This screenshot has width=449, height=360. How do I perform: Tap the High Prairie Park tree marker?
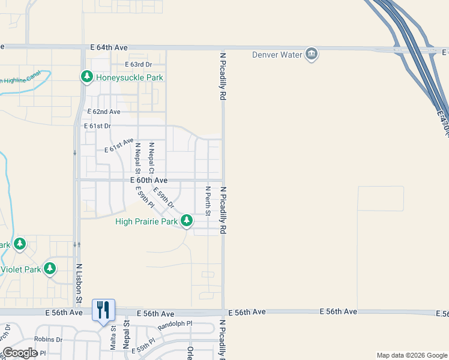[x=187, y=221]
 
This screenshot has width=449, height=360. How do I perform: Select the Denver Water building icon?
[x=312, y=55]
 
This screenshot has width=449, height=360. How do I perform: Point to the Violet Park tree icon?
[x=50, y=268]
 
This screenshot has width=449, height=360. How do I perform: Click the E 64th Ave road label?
[x=110, y=47]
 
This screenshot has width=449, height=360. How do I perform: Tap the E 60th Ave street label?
[x=148, y=180]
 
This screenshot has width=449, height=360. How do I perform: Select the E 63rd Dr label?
[x=139, y=64]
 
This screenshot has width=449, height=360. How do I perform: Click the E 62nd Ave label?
[x=104, y=112]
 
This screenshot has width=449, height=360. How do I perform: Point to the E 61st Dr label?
[x=100, y=126]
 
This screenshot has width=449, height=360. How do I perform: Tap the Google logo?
[x=20, y=353]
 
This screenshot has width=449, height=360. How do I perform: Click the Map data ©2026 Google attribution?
[x=411, y=355]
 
